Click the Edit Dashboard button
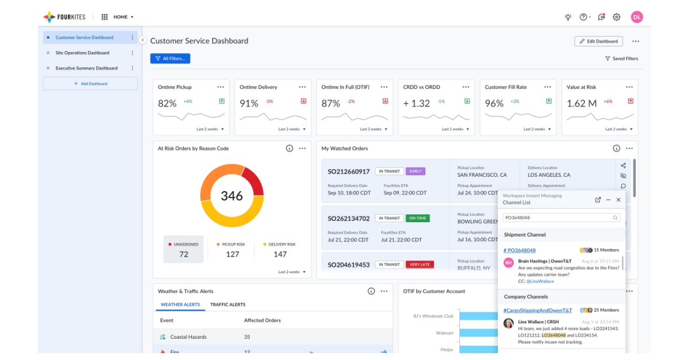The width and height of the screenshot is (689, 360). pyautogui.click(x=598, y=41)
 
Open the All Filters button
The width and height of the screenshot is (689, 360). pyautogui.click(x=170, y=59)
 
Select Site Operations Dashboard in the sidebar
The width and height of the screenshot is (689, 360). pyautogui.click(x=82, y=53)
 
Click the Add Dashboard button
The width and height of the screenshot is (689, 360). pyautogui.click(x=90, y=84)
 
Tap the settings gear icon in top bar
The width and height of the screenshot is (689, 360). pyautogui.click(x=617, y=17)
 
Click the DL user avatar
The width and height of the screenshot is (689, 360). pyautogui.click(x=636, y=17)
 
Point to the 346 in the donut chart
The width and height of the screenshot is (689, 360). pyautogui.click(x=231, y=196)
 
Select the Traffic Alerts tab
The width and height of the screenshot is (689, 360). pyautogui.click(x=227, y=305)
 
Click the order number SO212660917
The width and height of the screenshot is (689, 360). pyautogui.click(x=349, y=172)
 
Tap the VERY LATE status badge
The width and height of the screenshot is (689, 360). pyautogui.click(x=420, y=265)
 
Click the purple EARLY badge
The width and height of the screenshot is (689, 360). pyautogui.click(x=415, y=171)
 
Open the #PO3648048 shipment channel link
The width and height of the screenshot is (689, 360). pyautogui.click(x=520, y=250)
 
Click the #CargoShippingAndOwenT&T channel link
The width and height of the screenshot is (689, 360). pyautogui.click(x=537, y=310)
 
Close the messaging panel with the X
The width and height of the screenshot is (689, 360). pyautogui.click(x=618, y=200)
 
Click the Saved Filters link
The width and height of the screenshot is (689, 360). pyautogui.click(x=621, y=59)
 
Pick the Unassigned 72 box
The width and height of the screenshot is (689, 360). pyautogui.click(x=183, y=249)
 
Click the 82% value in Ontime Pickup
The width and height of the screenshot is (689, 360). pyautogui.click(x=167, y=103)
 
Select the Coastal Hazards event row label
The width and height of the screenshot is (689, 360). pyautogui.click(x=188, y=337)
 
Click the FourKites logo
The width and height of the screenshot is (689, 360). pyautogui.click(x=64, y=17)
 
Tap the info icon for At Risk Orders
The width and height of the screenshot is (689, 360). pyautogui.click(x=289, y=149)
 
